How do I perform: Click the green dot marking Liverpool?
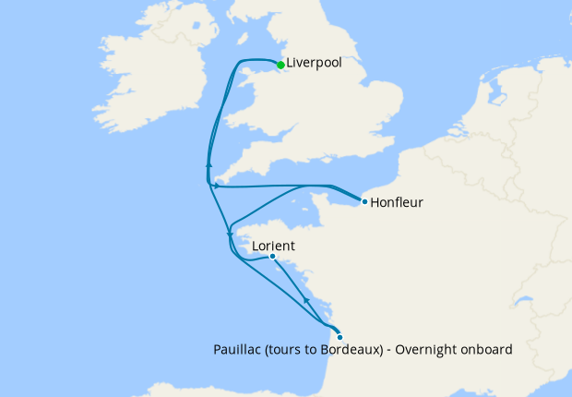280,65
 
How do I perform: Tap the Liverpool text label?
315,64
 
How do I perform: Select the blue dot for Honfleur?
364,201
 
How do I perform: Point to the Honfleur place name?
396,202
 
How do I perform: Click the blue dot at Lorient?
272,257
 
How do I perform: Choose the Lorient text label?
273,246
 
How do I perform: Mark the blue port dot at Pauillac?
340,337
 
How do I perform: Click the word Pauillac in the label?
235,351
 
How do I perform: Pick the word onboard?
487,351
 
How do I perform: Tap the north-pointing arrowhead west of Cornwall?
209,164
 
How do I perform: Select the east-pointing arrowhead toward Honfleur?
216,186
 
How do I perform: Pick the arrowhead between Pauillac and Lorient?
305,299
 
